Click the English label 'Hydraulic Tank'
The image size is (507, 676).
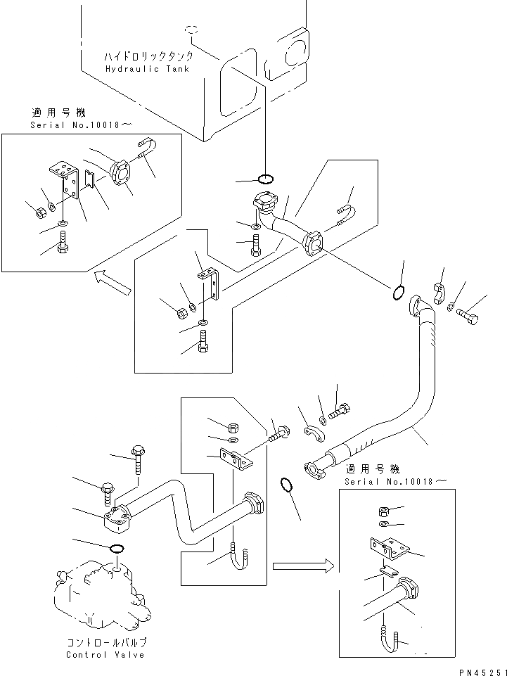[x=147, y=68]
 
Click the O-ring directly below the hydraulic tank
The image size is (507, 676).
[x=265, y=179]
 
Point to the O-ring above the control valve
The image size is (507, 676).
[x=117, y=549]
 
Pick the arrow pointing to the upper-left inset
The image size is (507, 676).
[x=112, y=283]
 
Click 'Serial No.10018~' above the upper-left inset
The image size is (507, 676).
[x=82, y=125]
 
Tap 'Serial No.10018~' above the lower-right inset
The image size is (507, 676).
[x=395, y=481]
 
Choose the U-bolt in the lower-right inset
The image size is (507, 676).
[x=391, y=638]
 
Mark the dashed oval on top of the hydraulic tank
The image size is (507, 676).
[x=191, y=30]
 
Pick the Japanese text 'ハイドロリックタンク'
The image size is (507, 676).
[x=148, y=57]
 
